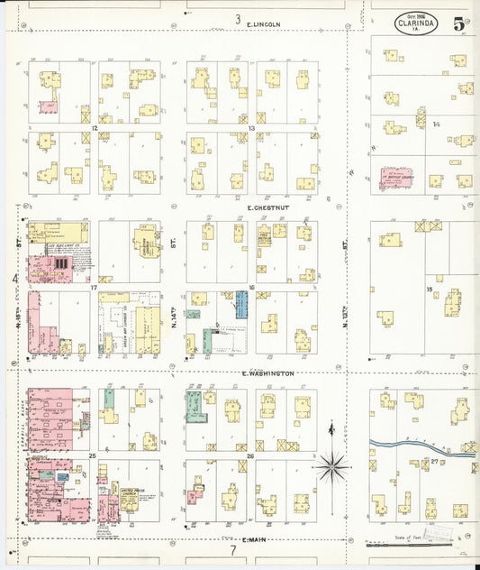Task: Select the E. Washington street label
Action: coord(267,372)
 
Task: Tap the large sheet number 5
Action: coord(459,24)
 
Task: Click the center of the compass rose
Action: coord(333,466)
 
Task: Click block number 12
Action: coord(95,128)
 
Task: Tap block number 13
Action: coord(252,128)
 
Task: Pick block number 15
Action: coord(430,290)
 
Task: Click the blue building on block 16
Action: coord(241,304)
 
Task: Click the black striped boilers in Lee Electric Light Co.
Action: coord(61,263)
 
